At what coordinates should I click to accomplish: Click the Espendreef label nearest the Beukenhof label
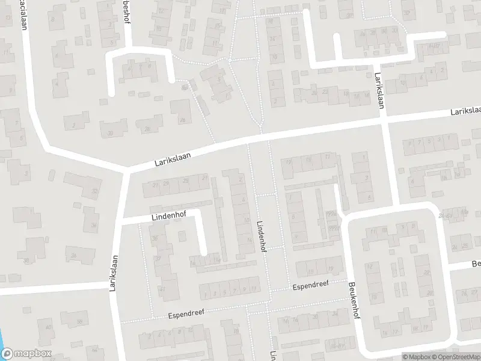coord(311,285)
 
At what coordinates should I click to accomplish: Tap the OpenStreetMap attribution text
coord(455,357)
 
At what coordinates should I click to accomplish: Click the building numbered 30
coord(109,133)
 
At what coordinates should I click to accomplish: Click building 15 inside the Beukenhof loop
coord(374,297)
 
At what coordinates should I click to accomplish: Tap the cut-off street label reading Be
coord(476,265)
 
